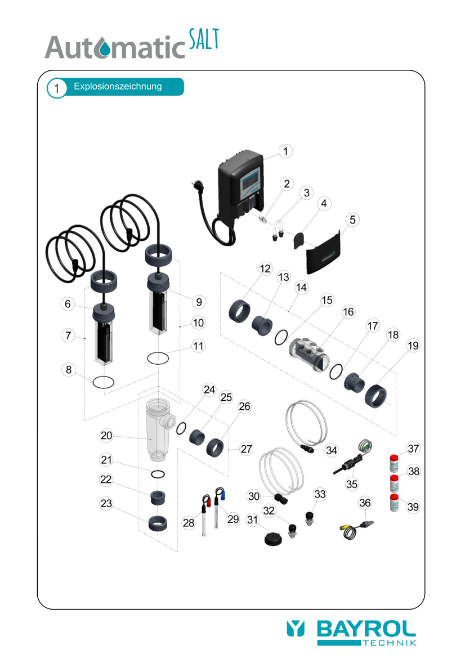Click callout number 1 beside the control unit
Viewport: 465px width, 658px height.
pos(286,151)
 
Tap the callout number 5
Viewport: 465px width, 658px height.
pos(352,220)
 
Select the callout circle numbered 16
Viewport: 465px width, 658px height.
pos(348,312)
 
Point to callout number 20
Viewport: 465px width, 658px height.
pos(106,436)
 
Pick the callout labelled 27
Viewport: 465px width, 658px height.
pos(247,449)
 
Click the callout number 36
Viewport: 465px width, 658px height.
pos(365,503)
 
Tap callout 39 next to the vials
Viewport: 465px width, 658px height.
pos(413,507)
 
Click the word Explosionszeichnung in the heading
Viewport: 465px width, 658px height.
pos(118,87)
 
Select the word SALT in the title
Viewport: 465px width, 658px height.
pos(204,39)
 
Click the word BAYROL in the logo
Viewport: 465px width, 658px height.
pos(366,629)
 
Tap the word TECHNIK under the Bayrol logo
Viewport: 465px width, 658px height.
pos(390,643)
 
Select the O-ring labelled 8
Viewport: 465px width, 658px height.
pos(103,382)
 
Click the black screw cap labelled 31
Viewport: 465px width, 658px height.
pos(273,539)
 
